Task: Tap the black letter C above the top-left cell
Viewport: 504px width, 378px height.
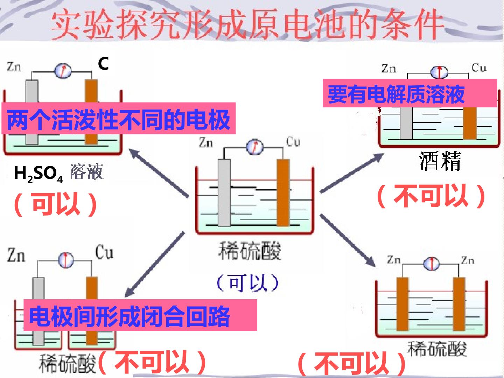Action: [x=103, y=63]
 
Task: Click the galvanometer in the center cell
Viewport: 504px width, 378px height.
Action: [x=255, y=147]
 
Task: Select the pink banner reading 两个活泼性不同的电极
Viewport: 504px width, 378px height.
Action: [x=119, y=118]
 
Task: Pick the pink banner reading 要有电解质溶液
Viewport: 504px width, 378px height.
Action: [x=410, y=93]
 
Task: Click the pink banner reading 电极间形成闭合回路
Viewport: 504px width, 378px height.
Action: [x=140, y=315]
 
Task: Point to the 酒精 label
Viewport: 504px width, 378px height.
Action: [x=440, y=161]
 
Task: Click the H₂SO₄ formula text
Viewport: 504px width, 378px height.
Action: [x=38, y=174]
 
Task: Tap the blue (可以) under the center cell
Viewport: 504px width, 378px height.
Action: [x=247, y=283]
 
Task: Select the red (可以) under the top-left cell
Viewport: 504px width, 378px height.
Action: [x=55, y=204]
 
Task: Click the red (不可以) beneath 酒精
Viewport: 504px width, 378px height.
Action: [x=431, y=196]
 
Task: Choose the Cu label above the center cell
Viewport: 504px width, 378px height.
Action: [x=293, y=142]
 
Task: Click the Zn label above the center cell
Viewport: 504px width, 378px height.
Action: [x=206, y=142]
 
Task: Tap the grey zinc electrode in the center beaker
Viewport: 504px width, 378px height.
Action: [x=224, y=193]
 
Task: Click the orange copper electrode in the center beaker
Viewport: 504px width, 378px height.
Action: [x=283, y=193]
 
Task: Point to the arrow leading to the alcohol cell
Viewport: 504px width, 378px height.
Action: [x=351, y=173]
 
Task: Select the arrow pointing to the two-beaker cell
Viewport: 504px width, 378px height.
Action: [x=155, y=264]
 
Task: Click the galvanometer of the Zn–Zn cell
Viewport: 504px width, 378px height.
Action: [x=432, y=264]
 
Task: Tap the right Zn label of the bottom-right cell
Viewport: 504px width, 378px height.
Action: [x=468, y=260]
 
